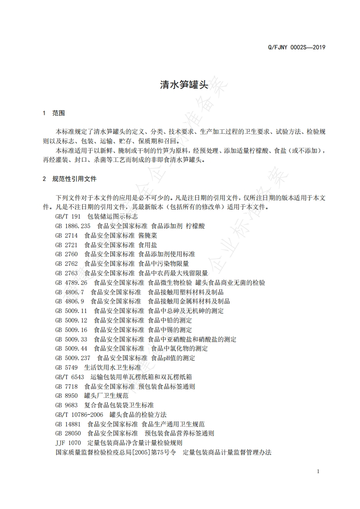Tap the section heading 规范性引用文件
click(74, 179)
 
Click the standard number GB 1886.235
click(73, 225)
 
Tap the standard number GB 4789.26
click(71, 282)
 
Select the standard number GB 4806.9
click(70, 301)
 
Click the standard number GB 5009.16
click(71, 329)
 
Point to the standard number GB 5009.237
click(73, 358)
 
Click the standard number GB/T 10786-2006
click(79, 415)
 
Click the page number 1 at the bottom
click(318, 471)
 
